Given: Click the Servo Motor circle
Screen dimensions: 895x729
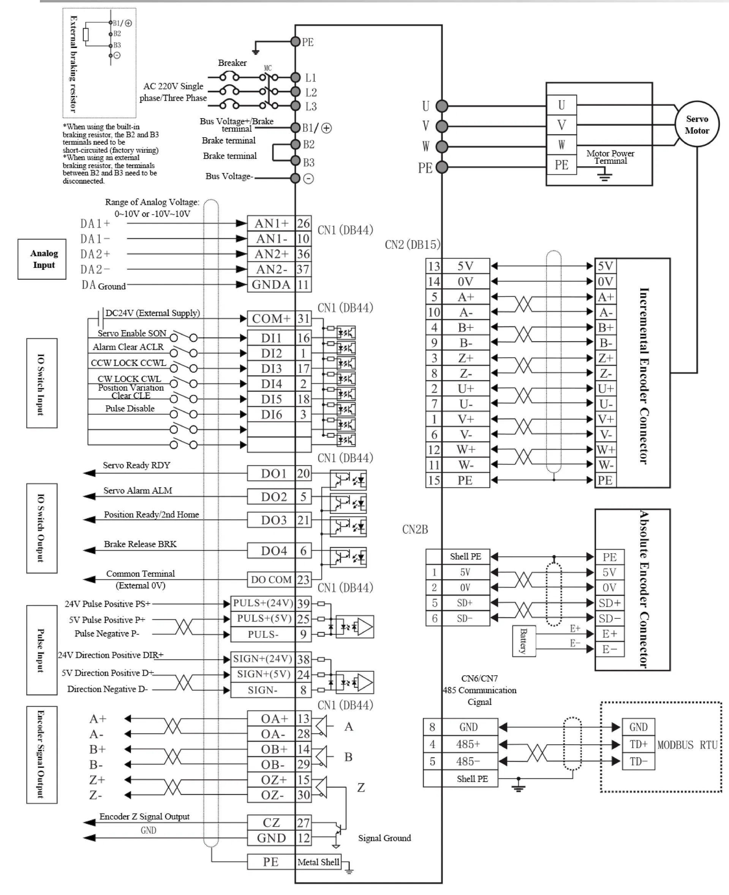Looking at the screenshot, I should click(x=697, y=124).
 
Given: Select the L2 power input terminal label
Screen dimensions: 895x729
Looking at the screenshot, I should click(x=311, y=92).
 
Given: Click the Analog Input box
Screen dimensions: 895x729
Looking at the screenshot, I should click(x=42, y=259).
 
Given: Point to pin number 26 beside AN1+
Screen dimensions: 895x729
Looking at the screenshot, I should click(x=303, y=223).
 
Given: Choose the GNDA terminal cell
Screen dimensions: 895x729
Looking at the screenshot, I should click(x=271, y=285).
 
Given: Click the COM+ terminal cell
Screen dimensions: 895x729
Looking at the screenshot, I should click(x=271, y=319).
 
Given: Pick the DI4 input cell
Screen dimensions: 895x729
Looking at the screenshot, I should click(x=271, y=384).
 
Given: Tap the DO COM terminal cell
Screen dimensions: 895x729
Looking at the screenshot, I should click(x=271, y=580).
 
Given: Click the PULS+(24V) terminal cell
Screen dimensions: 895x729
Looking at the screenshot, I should click(x=263, y=603).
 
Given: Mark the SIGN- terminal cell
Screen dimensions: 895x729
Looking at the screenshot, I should click(x=263, y=690).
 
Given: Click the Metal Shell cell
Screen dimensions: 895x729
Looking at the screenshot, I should click(x=318, y=862).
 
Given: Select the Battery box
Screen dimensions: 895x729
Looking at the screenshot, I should click(x=523, y=640).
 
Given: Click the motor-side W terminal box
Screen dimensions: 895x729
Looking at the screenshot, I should click(x=561, y=145).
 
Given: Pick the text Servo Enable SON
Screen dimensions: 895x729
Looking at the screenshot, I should click(x=132, y=333).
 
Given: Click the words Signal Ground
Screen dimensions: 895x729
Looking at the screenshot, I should click(x=384, y=838).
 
